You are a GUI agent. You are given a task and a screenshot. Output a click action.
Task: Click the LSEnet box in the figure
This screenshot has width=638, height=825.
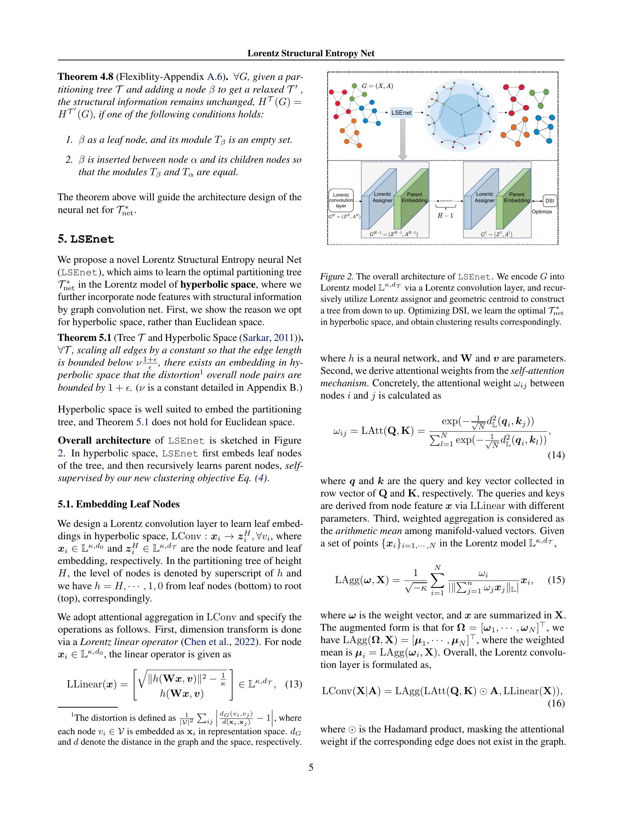click(401, 112)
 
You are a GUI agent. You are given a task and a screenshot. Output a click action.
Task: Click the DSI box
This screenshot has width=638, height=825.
click(549, 201)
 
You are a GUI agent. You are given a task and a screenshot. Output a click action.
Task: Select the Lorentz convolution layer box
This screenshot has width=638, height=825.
click(341, 200)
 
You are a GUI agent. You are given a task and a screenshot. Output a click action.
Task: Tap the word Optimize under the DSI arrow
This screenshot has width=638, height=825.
click(542, 212)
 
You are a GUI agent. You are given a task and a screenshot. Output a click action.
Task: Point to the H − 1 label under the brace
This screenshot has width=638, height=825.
click(445, 216)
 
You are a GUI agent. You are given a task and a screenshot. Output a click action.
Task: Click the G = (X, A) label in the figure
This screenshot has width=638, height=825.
click(377, 86)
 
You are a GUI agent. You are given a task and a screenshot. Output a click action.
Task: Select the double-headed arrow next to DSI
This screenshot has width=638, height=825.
click(537, 201)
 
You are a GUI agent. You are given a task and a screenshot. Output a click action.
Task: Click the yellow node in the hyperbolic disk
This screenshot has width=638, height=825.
click(444, 103)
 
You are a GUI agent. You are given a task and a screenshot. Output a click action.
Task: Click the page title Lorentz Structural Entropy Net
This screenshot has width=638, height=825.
click(311, 53)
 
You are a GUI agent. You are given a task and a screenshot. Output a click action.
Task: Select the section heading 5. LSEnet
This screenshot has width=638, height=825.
click(86, 239)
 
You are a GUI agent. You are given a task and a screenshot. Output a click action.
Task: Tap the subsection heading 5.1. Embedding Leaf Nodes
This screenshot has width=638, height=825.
click(119, 504)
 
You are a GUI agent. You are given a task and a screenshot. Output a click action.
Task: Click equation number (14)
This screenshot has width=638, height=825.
click(556, 455)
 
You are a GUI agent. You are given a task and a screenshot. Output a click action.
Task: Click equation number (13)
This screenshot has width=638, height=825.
click(293, 684)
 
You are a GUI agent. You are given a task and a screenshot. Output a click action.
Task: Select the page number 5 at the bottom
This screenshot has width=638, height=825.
click(311, 767)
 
